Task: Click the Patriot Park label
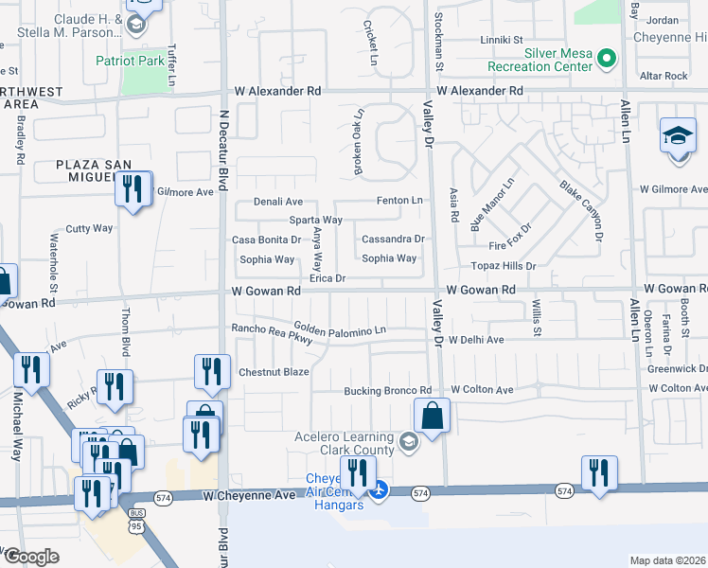(x=130, y=61)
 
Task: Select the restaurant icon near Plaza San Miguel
(x=133, y=188)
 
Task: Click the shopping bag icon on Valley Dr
(x=432, y=416)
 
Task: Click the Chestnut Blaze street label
(x=274, y=372)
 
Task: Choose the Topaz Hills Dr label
(x=498, y=267)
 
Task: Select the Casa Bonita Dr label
(x=266, y=240)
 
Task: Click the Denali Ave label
(x=276, y=202)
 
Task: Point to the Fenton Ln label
(x=398, y=201)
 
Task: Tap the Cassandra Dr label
(x=393, y=240)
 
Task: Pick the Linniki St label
(x=502, y=40)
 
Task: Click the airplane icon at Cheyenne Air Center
(x=380, y=489)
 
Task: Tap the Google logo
(x=30, y=557)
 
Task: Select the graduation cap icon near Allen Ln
(x=678, y=135)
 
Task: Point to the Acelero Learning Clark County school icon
(x=407, y=441)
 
